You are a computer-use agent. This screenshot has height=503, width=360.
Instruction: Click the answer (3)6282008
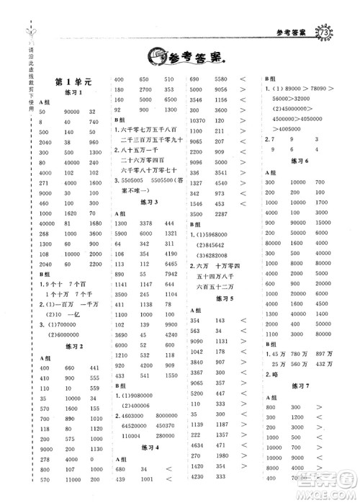(x=212, y=255)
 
